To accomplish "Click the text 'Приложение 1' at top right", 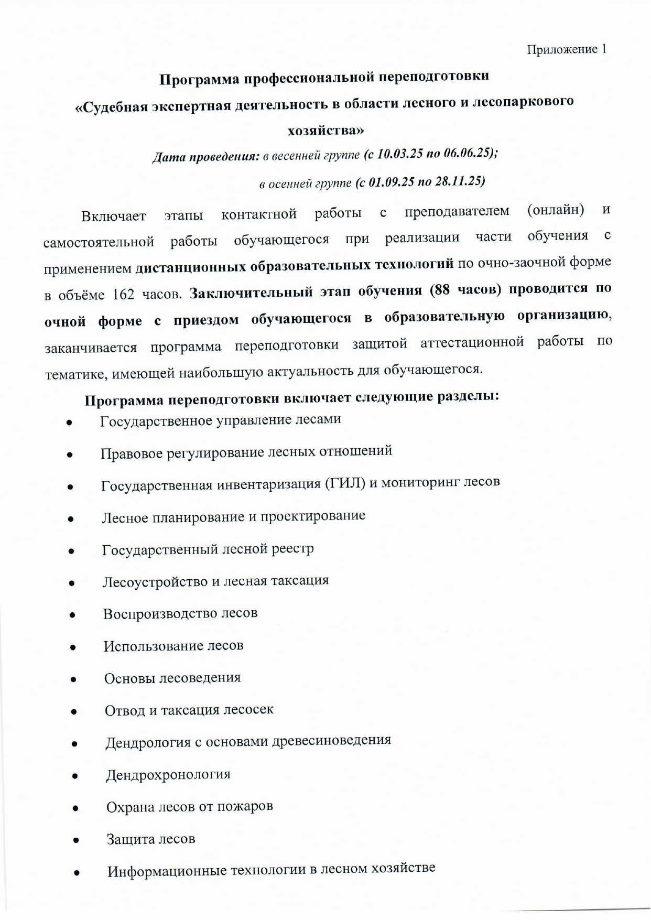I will tap(567, 49).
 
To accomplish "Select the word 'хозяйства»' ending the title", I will tap(325, 130).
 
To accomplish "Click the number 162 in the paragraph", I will tap(124, 294).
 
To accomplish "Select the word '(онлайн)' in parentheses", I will tap(556, 210).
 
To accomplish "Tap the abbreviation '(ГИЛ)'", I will tap(345, 483).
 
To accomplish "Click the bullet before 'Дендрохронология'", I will tap(75, 776).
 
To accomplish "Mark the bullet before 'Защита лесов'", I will tap(76, 840).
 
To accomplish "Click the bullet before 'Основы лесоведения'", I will tap(73, 679).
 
